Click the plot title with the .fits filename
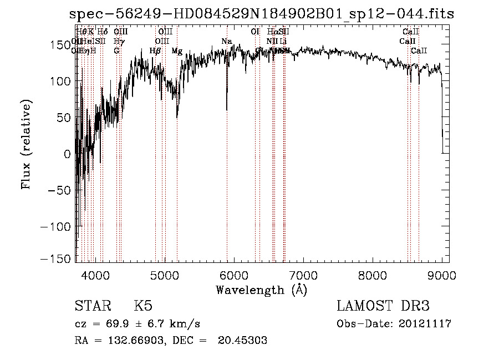coord(262,14)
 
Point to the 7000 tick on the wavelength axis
coord(303,262)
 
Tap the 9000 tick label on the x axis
coord(442,273)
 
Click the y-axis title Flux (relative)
coord(26,144)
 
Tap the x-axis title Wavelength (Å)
coord(261,290)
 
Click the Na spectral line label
coord(226,42)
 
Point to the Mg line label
coord(177,51)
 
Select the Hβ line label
coord(155,51)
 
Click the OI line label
coord(255,32)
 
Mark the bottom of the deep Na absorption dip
coord(227,109)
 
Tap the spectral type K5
coord(143,306)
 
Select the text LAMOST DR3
coord(383,306)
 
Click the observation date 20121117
coord(425,324)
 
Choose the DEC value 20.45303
coord(244,341)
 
